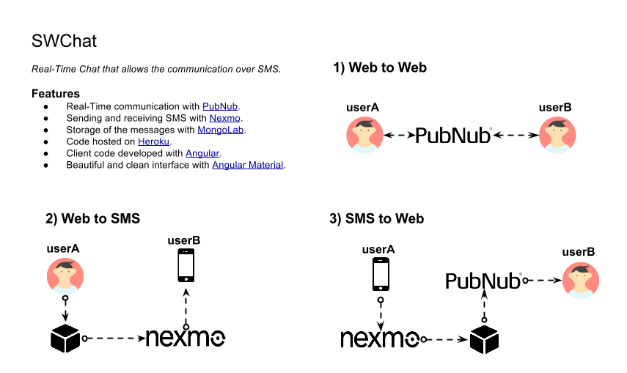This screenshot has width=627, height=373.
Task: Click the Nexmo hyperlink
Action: [x=225, y=118]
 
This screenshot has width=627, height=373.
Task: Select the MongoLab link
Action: [x=221, y=130]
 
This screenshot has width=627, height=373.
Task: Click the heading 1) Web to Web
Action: [x=380, y=68]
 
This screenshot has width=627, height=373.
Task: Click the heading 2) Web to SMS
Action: [x=92, y=218]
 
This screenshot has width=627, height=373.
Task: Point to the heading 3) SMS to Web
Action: [x=377, y=218]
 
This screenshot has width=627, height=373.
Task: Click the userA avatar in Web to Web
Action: [x=364, y=136]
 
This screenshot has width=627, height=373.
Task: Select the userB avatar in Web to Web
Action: [x=557, y=136]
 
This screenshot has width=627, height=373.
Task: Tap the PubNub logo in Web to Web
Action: [x=452, y=136]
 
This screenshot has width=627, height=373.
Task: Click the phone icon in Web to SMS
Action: [x=186, y=265]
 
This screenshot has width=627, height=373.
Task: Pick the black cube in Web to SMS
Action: [x=65, y=338]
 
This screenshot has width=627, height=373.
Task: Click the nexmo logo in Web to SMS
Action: [x=186, y=338]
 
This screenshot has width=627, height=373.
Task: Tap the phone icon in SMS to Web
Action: [x=381, y=274]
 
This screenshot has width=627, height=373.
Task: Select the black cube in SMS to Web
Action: [x=484, y=339]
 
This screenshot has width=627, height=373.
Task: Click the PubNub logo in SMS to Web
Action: [x=483, y=281]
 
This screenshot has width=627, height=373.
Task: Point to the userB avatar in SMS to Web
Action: [x=581, y=280]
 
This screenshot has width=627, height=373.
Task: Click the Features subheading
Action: [x=56, y=94]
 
